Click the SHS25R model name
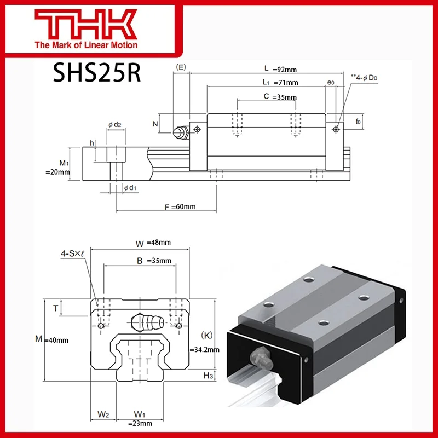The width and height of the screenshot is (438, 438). (x=96, y=72)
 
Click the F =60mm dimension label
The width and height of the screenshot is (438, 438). (x=180, y=206)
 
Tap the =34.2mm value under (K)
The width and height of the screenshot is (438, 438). (x=204, y=349)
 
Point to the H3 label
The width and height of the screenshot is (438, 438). (x=208, y=375)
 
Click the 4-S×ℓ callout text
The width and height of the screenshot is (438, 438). (x=73, y=253)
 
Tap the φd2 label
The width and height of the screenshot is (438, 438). (x=114, y=125)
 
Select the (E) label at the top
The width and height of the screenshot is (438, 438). (x=181, y=67)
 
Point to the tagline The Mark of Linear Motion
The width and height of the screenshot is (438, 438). (x=87, y=45)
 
